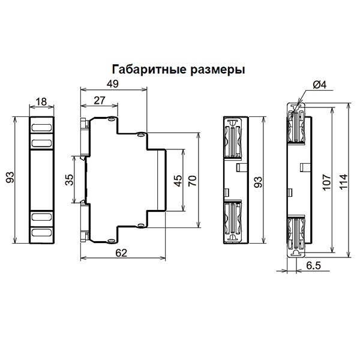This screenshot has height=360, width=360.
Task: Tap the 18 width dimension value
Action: (x=41, y=103)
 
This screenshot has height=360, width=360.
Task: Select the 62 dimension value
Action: (x=121, y=254)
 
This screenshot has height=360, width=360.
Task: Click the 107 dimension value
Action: (x=326, y=181)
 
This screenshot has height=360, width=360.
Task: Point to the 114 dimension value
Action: (x=343, y=181)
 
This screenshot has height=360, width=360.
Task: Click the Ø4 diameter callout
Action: (x=320, y=85)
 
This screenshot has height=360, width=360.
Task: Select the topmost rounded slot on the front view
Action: (x=41, y=128)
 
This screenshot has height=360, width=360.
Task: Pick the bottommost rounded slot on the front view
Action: (x=41, y=233)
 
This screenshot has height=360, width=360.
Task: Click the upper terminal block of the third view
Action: (x=233, y=139)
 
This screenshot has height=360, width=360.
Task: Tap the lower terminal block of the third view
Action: (x=233, y=220)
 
